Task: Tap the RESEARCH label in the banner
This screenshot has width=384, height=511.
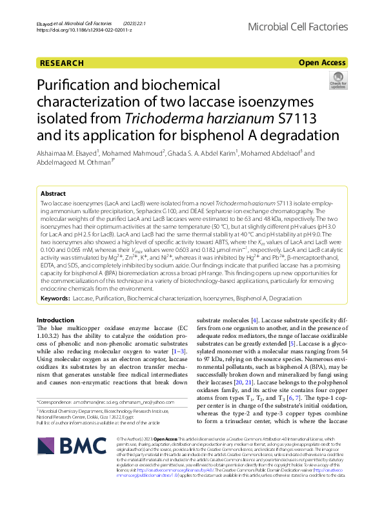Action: pos(62,63)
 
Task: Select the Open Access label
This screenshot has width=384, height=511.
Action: pos(322,63)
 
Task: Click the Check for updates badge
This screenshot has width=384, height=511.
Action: pos(337,81)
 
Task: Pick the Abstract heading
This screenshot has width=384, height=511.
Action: pos(53,194)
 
